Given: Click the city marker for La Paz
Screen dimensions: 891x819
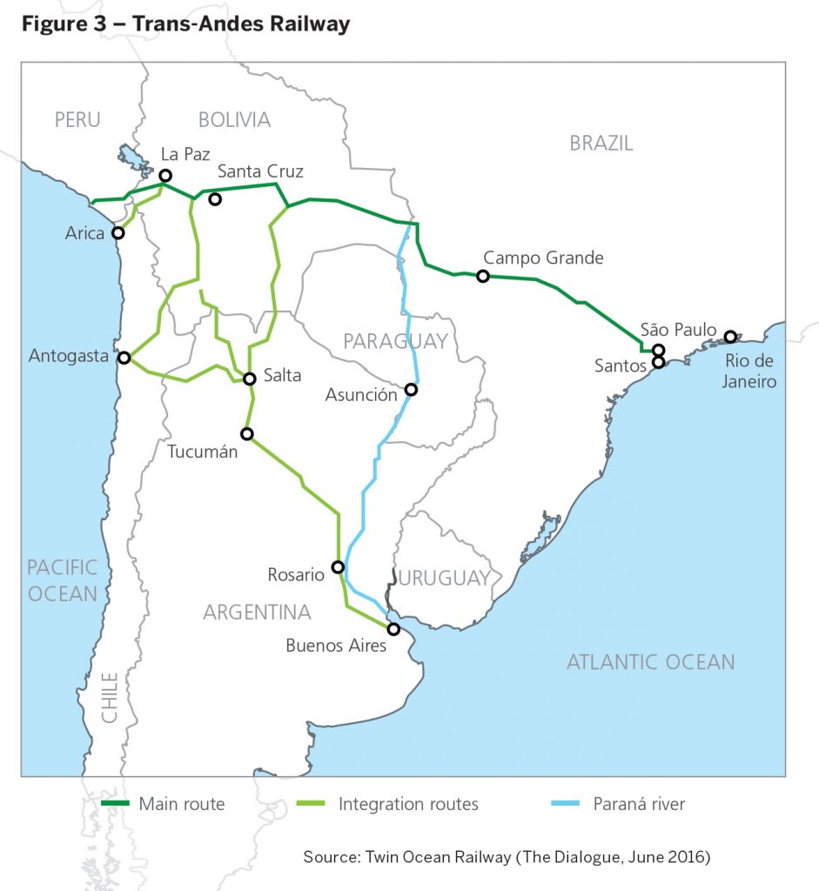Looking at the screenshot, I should (x=165, y=175).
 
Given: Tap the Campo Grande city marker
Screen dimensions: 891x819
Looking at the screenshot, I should (x=483, y=276).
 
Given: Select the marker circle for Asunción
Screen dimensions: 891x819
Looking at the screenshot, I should (x=411, y=390).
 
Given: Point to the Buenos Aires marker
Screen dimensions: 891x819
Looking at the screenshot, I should (x=393, y=628).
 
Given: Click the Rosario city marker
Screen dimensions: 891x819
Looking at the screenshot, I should (x=338, y=566).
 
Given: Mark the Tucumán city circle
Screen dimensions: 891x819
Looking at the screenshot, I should (x=247, y=433).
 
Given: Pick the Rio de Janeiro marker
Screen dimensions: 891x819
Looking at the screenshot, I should (x=730, y=337).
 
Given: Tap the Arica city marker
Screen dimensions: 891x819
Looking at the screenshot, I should (x=118, y=233).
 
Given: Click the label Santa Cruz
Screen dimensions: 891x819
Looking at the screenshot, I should (x=260, y=171).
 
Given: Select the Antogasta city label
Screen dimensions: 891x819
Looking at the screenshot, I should (x=69, y=356).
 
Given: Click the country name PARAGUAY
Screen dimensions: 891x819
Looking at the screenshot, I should (x=395, y=341).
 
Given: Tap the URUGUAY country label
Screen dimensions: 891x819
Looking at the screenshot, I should (x=445, y=578).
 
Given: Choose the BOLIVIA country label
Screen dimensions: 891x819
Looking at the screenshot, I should (x=234, y=120).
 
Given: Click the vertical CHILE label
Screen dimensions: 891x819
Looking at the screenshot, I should (x=110, y=697).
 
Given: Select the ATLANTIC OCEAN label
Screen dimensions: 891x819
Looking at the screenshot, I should (x=650, y=662).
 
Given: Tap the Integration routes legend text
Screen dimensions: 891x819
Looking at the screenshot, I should (x=408, y=804).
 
